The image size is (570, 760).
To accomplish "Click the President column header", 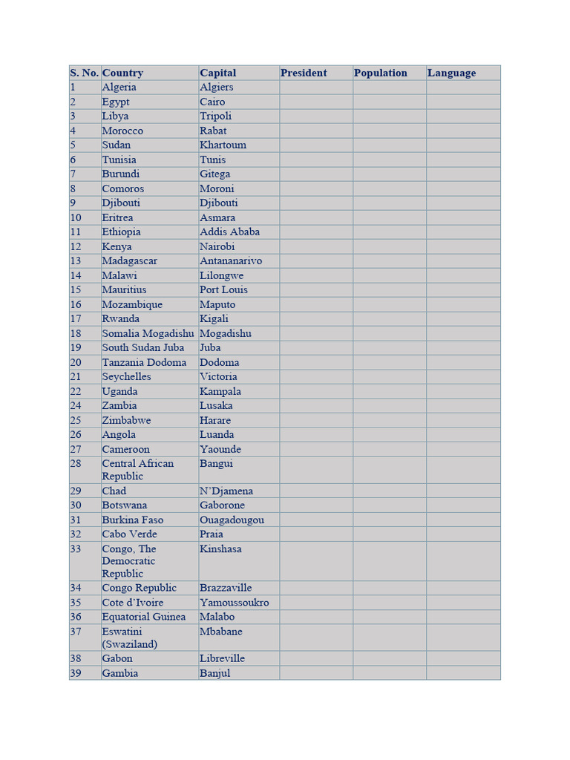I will coord(304,73).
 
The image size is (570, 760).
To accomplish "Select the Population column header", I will coord(380,73).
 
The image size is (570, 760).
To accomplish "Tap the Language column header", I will coord(451,73).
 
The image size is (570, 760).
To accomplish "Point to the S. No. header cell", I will coord(84,73).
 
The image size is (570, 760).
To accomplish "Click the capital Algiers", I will coord(216,87).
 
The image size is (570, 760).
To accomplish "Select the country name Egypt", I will coord(115,102).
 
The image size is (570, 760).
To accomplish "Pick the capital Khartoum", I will coord(223,145).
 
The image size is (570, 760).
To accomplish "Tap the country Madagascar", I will coord(129,261).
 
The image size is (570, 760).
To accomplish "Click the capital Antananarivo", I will coord(230,261).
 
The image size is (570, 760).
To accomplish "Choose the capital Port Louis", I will coord(223,289).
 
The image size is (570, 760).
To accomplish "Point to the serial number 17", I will coord(76,318).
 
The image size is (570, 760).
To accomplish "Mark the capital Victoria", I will coord(218,376).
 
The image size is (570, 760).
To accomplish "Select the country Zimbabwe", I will coord(126,420).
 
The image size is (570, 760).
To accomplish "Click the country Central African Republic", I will coord(137,469).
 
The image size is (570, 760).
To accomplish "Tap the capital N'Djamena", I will coord(226,491).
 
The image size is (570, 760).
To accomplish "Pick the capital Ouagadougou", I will coord(232,520).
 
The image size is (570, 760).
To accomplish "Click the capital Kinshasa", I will coord(220,549).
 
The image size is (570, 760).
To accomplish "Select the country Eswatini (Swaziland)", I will coord(129,638).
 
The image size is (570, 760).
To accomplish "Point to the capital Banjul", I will coord(214,673).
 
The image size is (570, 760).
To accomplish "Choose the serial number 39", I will coord(76,673).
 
